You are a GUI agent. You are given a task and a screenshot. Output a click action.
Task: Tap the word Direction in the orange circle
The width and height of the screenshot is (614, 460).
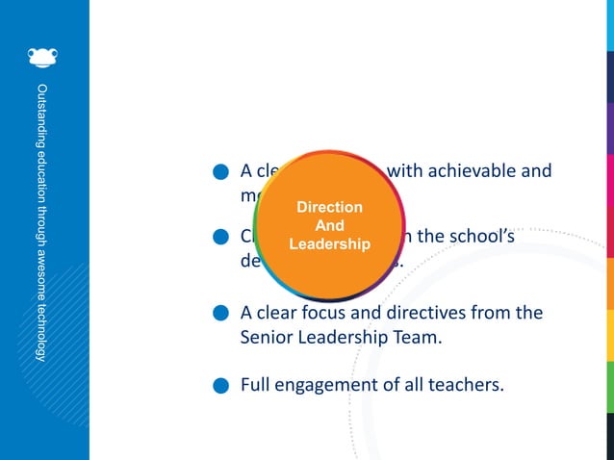click(x=329, y=207)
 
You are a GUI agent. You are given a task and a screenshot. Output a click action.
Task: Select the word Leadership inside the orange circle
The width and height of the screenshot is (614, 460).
click(x=329, y=244)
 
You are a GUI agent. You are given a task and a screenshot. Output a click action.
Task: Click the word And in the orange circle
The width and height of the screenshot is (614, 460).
click(x=330, y=226)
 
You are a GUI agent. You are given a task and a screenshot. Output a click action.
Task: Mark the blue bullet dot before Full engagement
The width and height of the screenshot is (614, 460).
click(x=220, y=387)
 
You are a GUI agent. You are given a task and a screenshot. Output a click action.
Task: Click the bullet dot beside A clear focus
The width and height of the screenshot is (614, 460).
click(x=220, y=314)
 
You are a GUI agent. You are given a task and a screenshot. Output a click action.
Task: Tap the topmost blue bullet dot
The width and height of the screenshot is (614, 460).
click(x=220, y=173)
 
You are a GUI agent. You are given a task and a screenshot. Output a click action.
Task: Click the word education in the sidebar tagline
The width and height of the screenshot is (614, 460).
click(x=40, y=176)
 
